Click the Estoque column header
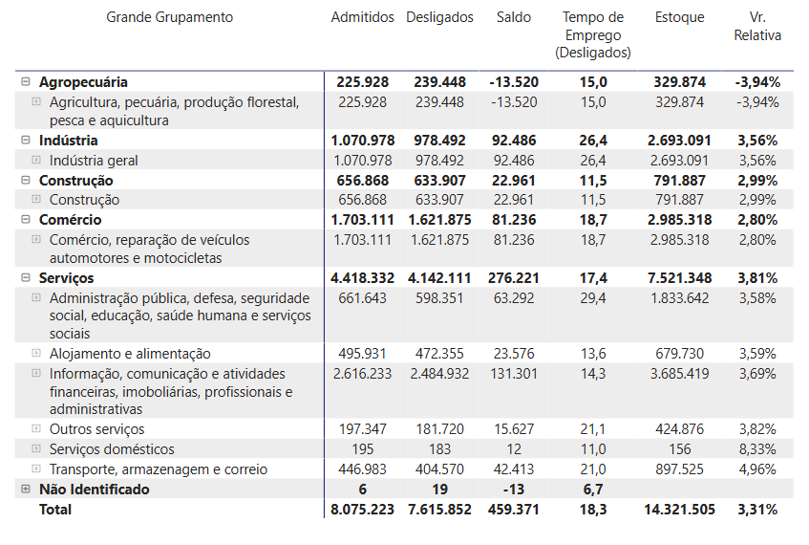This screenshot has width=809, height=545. pyautogui.click(x=680, y=17)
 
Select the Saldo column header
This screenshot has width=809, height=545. pyautogui.click(x=513, y=17)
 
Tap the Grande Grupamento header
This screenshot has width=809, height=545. pyautogui.click(x=169, y=17)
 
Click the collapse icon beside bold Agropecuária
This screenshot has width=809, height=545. pyautogui.click(x=26, y=82)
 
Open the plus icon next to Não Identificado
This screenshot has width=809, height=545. pyautogui.click(x=26, y=489)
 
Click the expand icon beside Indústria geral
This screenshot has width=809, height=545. pyautogui.click(x=36, y=161)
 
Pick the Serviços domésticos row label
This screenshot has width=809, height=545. pyautogui.click(x=112, y=448)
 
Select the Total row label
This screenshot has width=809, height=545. pyautogui.click(x=55, y=509)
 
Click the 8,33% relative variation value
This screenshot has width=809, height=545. pyautogui.click(x=757, y=448)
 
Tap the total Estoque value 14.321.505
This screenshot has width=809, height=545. pyautogui.click(x=680, y=509)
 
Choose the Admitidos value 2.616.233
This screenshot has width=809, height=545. pyautogui.click(x=362, y=373)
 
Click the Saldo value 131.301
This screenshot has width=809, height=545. pyautogui.click(x=513, y=373)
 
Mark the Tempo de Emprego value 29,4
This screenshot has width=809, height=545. pyautogui.click(x=592, y=298)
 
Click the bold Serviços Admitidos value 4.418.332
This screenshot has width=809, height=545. pyautogui.click(x=362, y=277)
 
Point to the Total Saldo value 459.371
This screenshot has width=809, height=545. pyautogui.click(x=513, y=509)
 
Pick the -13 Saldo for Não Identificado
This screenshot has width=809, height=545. pyautogui.click(x=513, y=489)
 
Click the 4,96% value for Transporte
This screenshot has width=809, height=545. pyautogui.click(x=757, y=469)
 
